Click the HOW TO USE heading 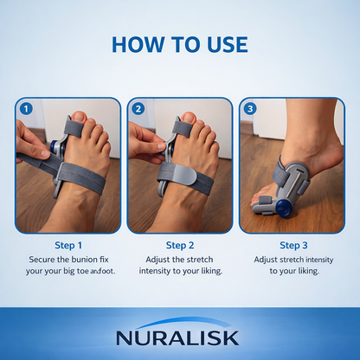pyautogui.click(x=179, y=44)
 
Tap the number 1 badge pyautogui.click(x=26, y=109)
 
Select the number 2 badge pyautogui.click(x=138, y=109)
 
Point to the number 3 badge pyautogui.click(x=249, y=109)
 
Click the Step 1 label pyautogui.click(x=67, y=245)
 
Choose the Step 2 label pyautogui.click(x=179, y=245)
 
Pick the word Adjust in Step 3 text pyautogui.click(x=267, y=260)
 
